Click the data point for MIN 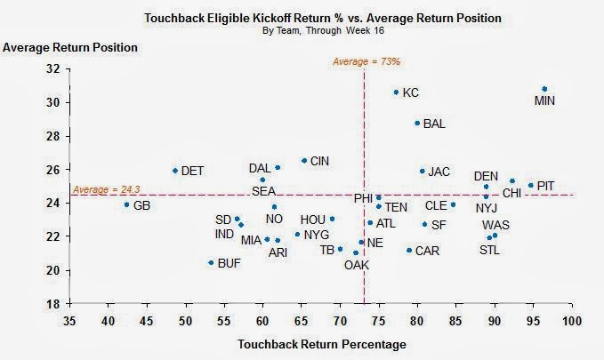544,89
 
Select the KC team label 410,92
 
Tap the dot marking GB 126,204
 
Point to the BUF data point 211,262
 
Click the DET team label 192,170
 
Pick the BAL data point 416,123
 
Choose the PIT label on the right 546,186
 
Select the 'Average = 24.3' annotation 101,190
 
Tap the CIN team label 319,161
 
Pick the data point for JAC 423,172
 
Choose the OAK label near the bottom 357,265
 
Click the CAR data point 409,250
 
